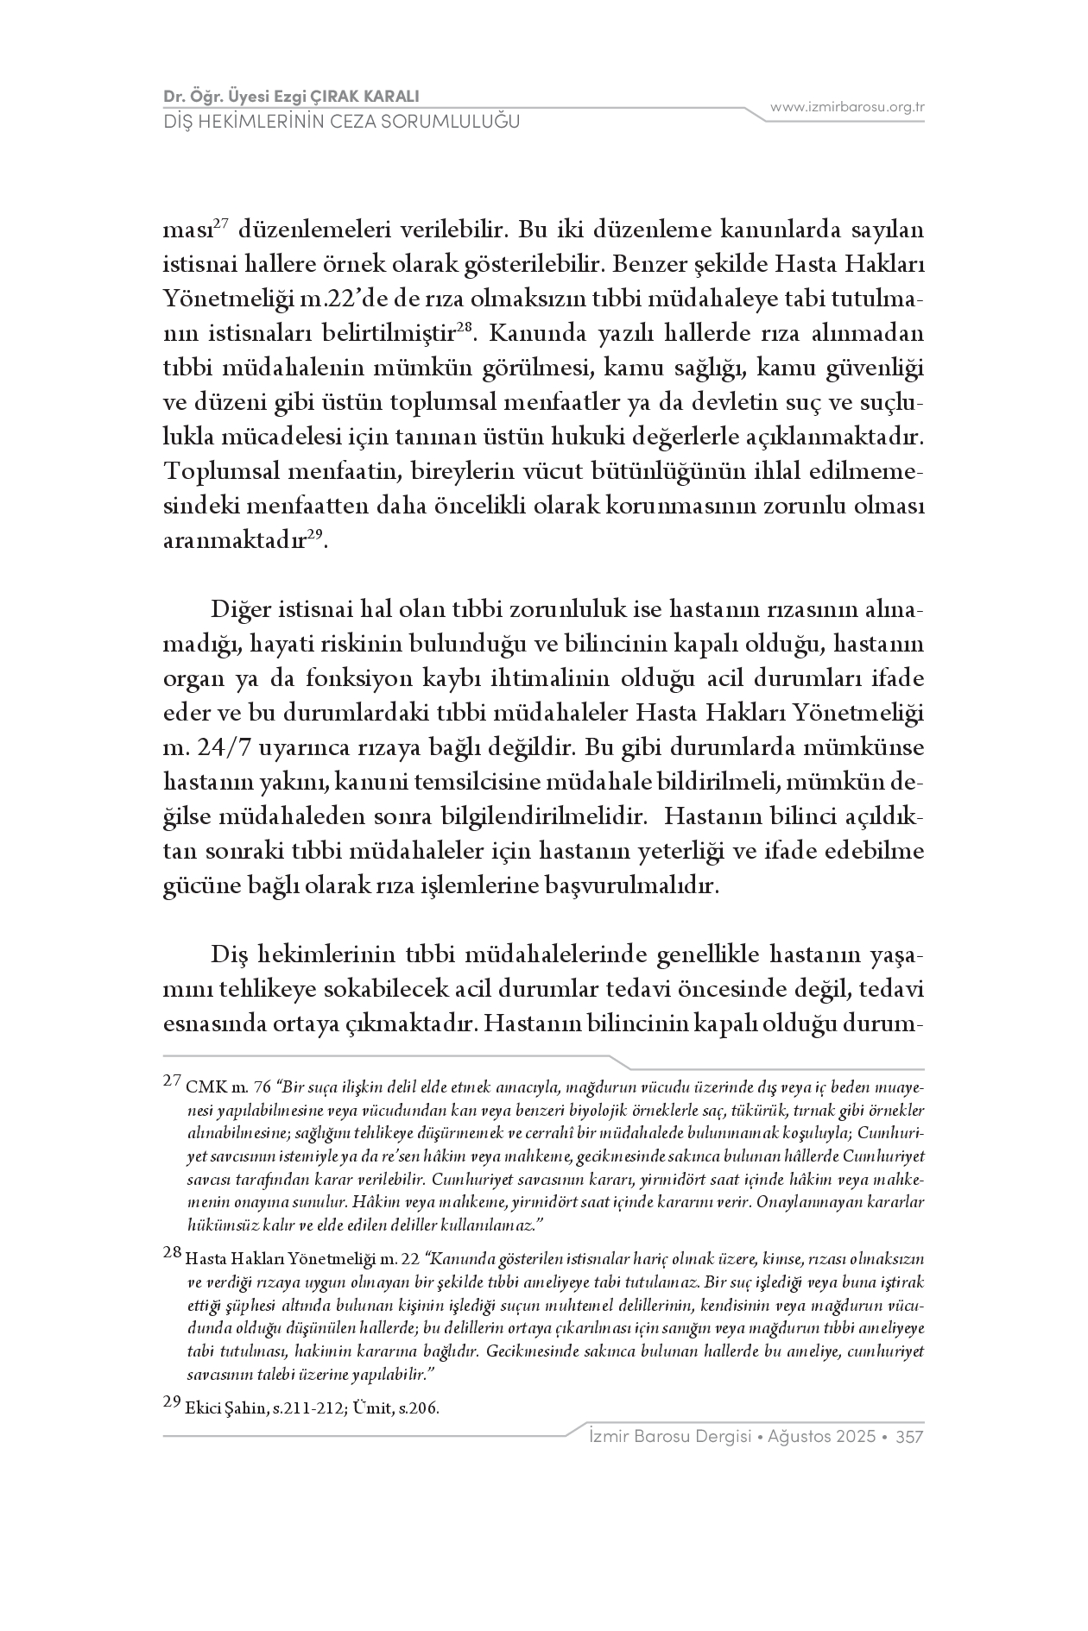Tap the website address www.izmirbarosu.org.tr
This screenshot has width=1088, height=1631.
tap(847, 107)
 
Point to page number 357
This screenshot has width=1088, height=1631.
tap(911, 1437)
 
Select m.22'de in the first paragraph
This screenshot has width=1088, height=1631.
tap(336, 299)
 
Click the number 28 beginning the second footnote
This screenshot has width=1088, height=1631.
tap(172, 1253)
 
